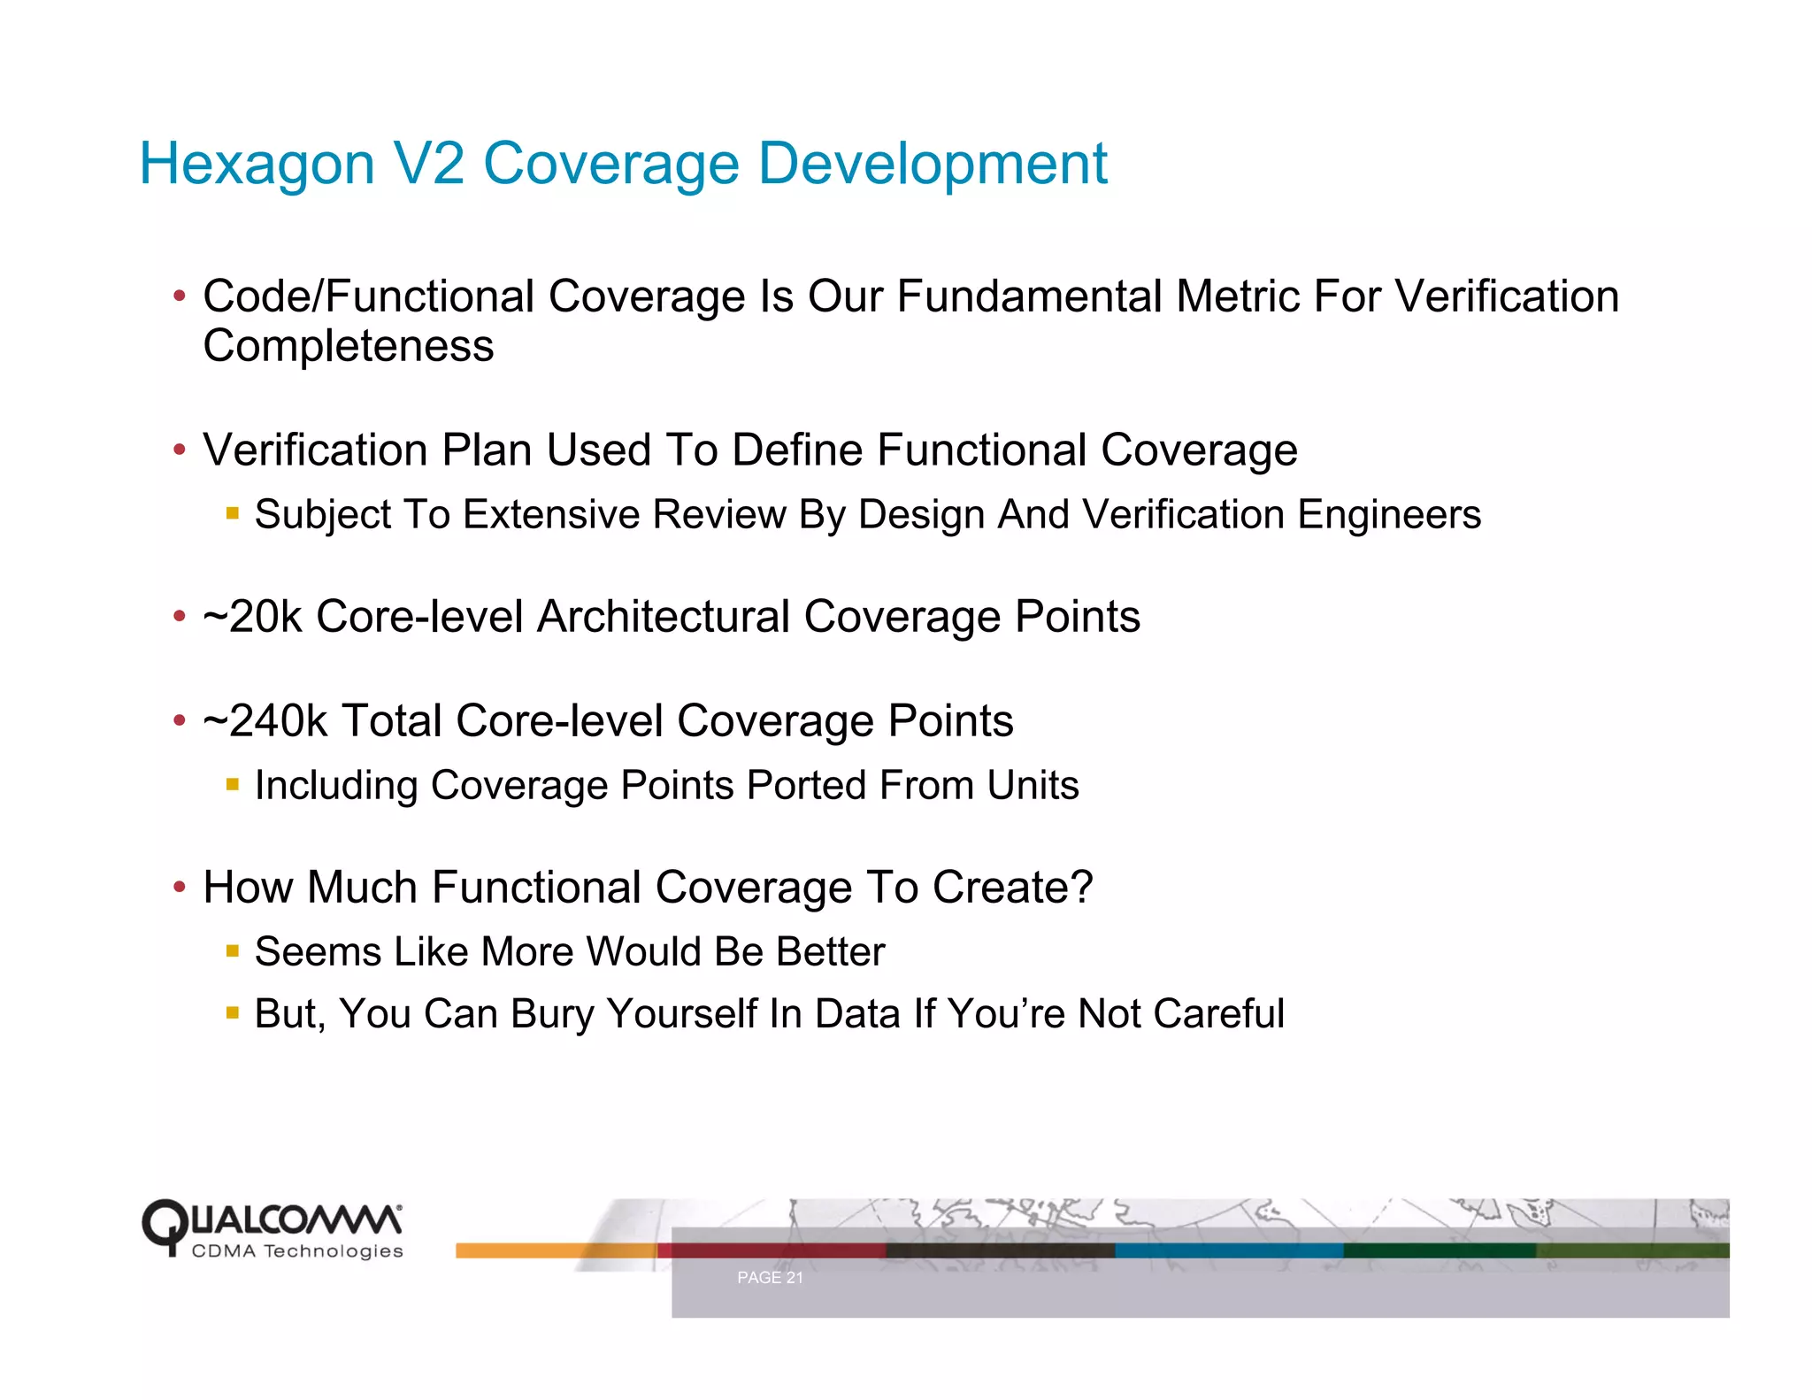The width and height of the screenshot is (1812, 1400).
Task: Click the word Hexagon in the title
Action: [257, 165]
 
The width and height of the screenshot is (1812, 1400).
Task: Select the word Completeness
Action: [348, 346]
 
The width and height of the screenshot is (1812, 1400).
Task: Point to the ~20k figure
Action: [252, 617]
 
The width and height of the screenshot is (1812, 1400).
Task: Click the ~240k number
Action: [265, 721]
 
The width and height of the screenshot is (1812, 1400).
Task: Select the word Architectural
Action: [663, 617]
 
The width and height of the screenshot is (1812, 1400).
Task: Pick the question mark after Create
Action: [1082, 888]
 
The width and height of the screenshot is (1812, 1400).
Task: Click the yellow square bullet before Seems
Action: [233, 952]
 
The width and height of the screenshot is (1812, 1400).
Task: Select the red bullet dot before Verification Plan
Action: [180, 450]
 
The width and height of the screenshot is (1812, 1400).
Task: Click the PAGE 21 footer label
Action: [770, 1278]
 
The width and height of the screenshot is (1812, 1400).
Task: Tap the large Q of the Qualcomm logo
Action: [165, 1226]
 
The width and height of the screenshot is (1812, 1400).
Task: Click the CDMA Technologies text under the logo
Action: [297, 1251]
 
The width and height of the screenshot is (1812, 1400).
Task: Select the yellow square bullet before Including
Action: [233, 785]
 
